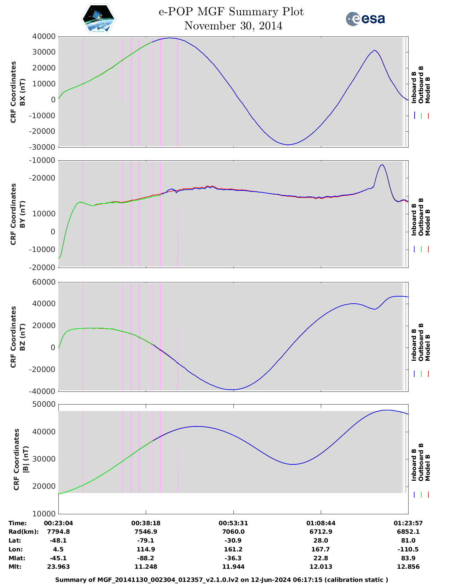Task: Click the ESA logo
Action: tap(365, 19)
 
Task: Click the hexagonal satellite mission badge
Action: tap(98, 19)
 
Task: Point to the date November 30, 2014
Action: tap(233, 26)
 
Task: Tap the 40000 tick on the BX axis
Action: tap(44, 36)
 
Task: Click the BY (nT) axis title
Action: tap(22, 214)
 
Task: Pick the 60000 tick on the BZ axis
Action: tap(44, 282)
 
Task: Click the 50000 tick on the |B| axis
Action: tap(44, 404)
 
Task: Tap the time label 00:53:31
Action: tap(233, 523)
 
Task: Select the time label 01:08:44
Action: tap(321, 523)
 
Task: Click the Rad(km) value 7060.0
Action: tap(233, 532)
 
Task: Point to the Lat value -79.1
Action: tap(146, 540)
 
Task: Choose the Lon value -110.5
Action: tap(408, 549)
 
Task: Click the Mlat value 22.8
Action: tap(321, 558)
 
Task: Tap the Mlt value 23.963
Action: tap(58, 567)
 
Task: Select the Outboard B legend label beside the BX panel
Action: tap(421, 85)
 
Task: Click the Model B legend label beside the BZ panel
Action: tap(428, 348)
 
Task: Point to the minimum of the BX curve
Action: tap(288, 144)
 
